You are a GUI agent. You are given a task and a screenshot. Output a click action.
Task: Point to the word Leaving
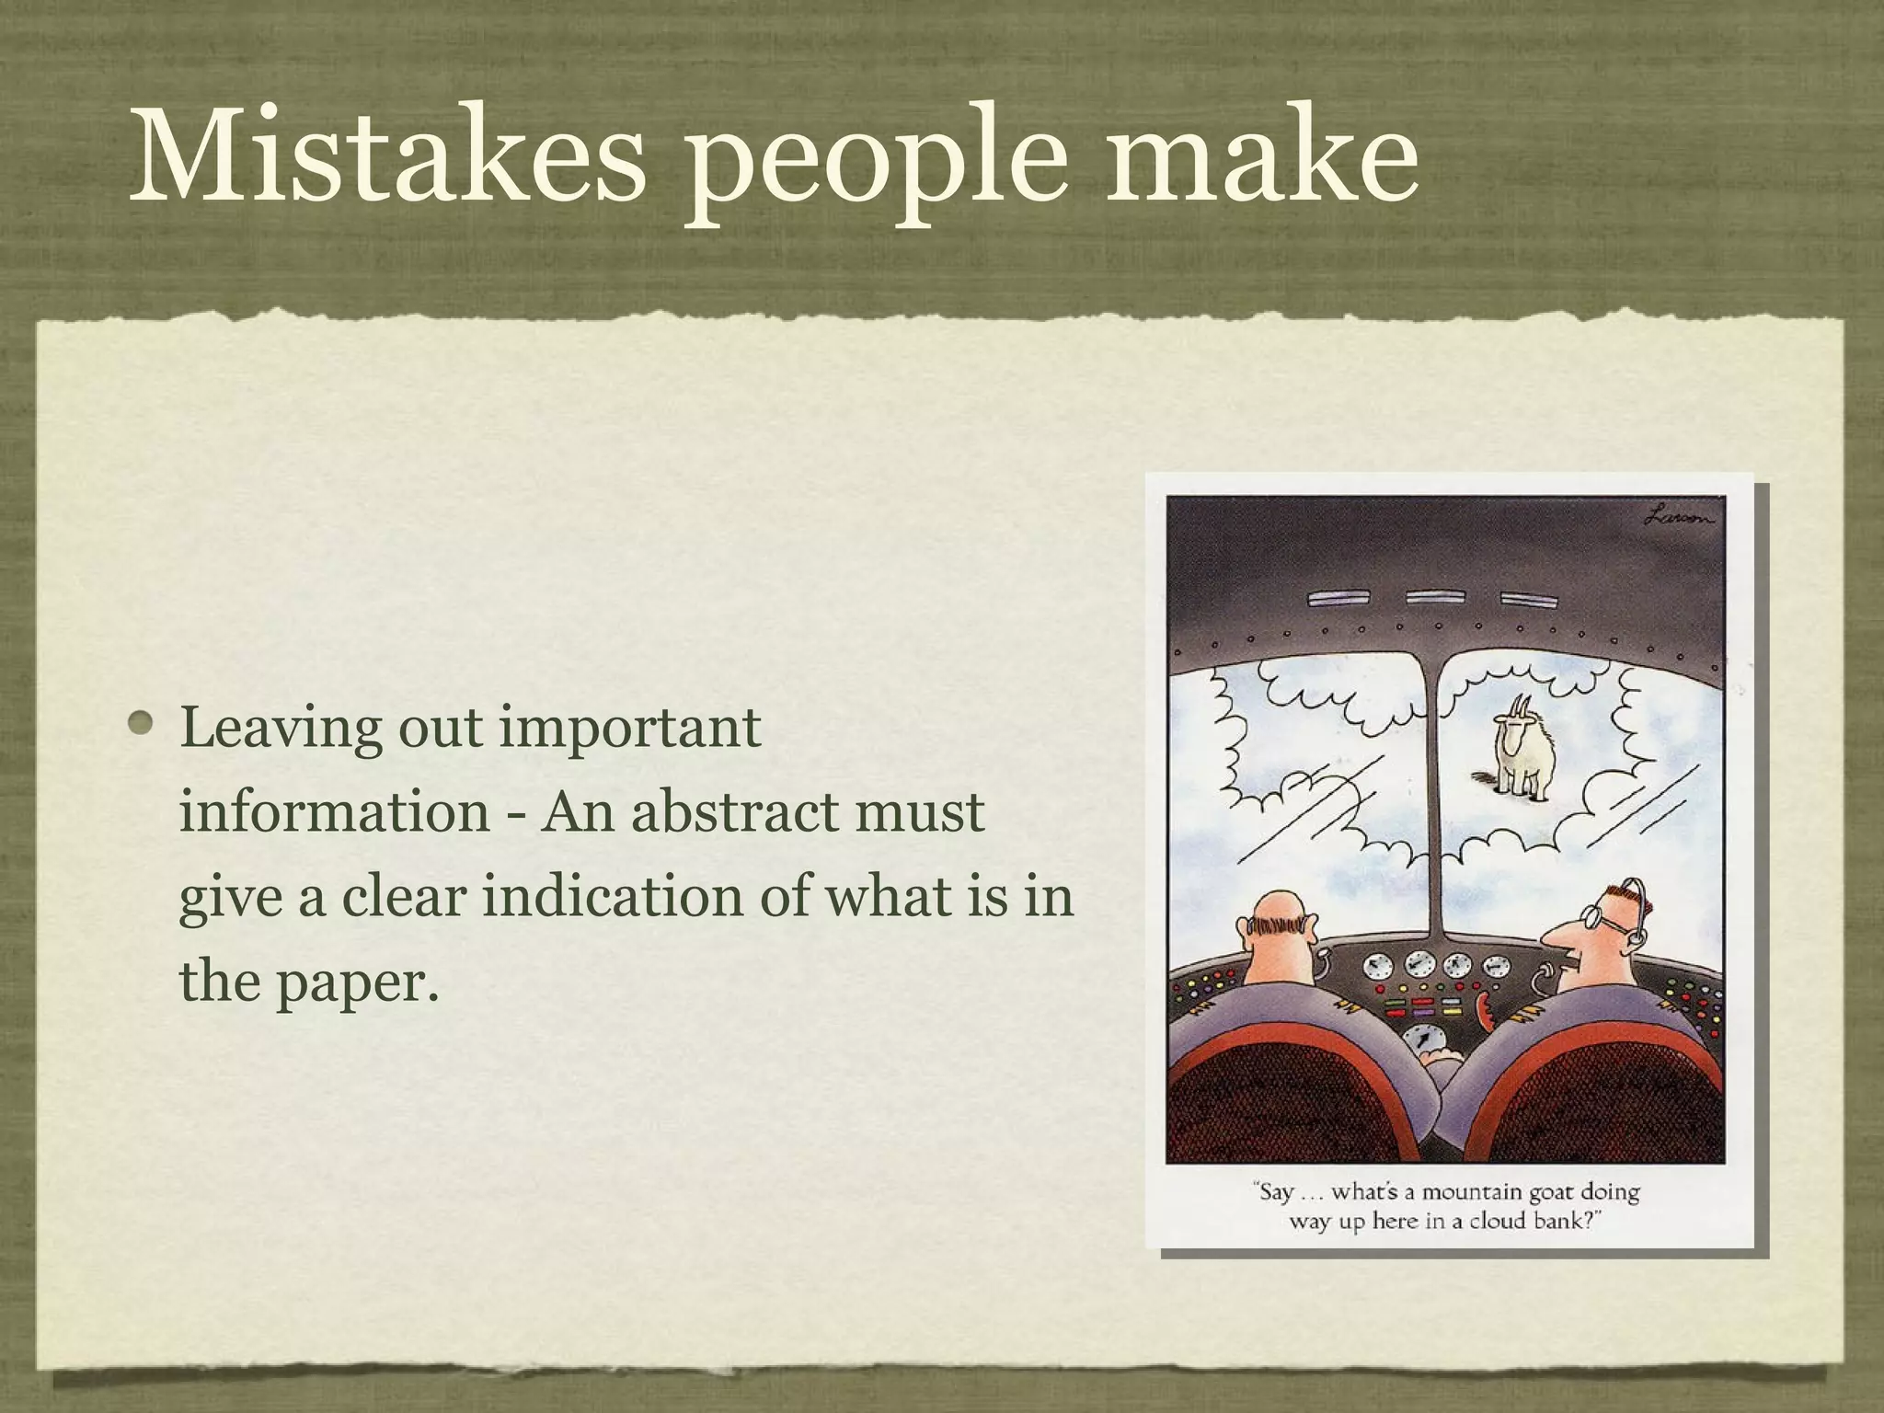click(280, 729)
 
